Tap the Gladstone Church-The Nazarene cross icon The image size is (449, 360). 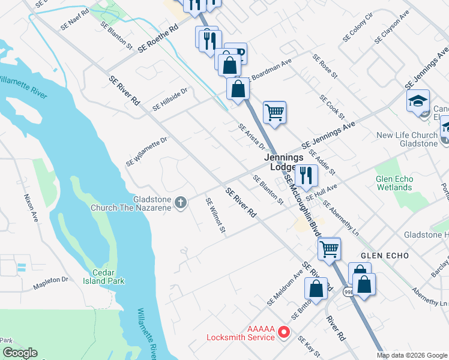coord(179,203)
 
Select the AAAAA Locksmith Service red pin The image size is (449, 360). coord(286,331)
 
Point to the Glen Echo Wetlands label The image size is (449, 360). coord(394,183)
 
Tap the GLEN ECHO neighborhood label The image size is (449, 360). coord(385,256)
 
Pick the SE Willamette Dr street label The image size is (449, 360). coord(146,152)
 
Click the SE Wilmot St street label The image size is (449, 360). coord(215,216)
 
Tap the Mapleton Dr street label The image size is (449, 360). coord(51,280)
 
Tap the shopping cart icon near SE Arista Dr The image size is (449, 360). coord(274,112)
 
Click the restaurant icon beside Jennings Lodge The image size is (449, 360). coord(306,175)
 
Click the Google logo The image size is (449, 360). coord(20,353)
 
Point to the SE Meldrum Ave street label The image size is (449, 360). coord(286,290)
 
